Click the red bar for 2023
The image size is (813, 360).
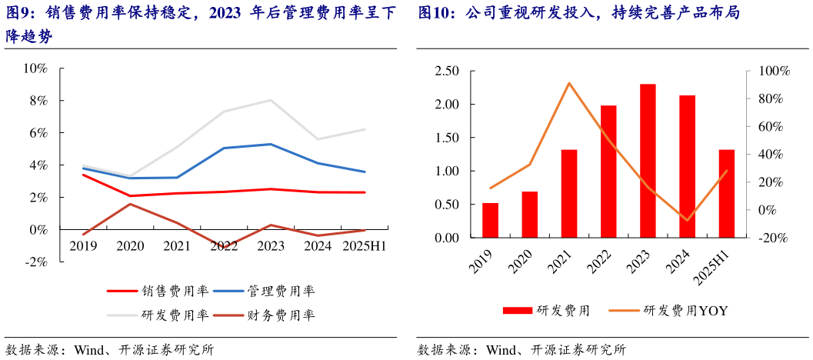pyautogui.click(x=648, y=161)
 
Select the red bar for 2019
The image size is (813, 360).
pyautogui.click(x=490, y=221)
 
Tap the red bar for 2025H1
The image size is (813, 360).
pyautogui.click(x=727, y=194)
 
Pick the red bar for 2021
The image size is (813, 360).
pyautogui.click(x=569, y=194)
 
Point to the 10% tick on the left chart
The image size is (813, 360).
pyautogui.click(x=35, y=68)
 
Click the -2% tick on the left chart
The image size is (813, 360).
pyautogui.click(x=35, y=262)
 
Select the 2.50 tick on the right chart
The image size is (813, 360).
pyautogui.click(x=447, y=72)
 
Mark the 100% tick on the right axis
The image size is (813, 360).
pyautogui.click(x=774, y=72)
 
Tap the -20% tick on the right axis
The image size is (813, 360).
pyautogui.click(x=773, y=238)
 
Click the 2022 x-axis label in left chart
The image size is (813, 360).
pyautogui.click(x=224, y=246)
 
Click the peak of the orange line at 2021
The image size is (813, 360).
pyautogui.click(x=568, y=83)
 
